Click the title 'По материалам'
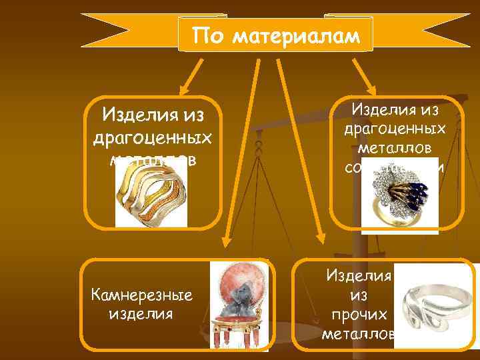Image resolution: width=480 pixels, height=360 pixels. click(x=275, y=35)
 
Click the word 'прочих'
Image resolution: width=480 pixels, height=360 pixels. click(x=358, y=314)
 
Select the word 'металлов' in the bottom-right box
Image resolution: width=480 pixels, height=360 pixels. click(x=360, y=332)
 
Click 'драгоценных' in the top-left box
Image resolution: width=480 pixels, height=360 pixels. click(x=153, y=138)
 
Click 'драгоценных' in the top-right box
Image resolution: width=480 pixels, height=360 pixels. click(x=399, y=127)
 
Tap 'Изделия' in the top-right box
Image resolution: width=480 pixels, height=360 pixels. click(x=399, y=108)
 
